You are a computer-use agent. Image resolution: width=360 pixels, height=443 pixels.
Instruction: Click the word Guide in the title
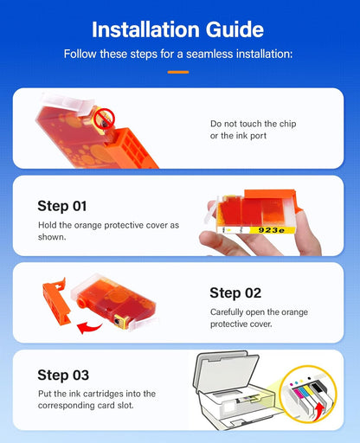point(235,29)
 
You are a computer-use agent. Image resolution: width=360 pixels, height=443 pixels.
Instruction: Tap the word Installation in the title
point(145,29)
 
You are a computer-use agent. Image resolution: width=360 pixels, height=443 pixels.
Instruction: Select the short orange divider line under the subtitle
point(178,72)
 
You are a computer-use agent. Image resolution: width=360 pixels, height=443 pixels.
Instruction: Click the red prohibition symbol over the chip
point(104,119)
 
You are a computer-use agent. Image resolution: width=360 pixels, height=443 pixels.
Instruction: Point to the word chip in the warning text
point(288,124)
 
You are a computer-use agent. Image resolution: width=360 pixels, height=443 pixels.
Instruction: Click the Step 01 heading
point(62,206)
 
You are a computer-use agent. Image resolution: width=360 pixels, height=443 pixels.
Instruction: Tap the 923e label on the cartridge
point(272,230)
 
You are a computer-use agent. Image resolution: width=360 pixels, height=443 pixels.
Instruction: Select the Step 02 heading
point(235,293)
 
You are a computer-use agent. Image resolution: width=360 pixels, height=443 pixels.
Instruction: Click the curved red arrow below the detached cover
point(89,328)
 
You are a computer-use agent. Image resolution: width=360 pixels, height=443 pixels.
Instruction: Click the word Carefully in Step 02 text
point(227,312)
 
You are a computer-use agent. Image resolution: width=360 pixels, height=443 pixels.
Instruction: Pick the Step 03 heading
point(63,375)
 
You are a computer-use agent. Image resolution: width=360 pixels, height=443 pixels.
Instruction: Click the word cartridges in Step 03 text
point(100,394)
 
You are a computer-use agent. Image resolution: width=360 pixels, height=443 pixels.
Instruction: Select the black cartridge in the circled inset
point(319,391)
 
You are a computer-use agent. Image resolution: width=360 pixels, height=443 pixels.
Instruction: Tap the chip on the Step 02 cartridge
point(118,321)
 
